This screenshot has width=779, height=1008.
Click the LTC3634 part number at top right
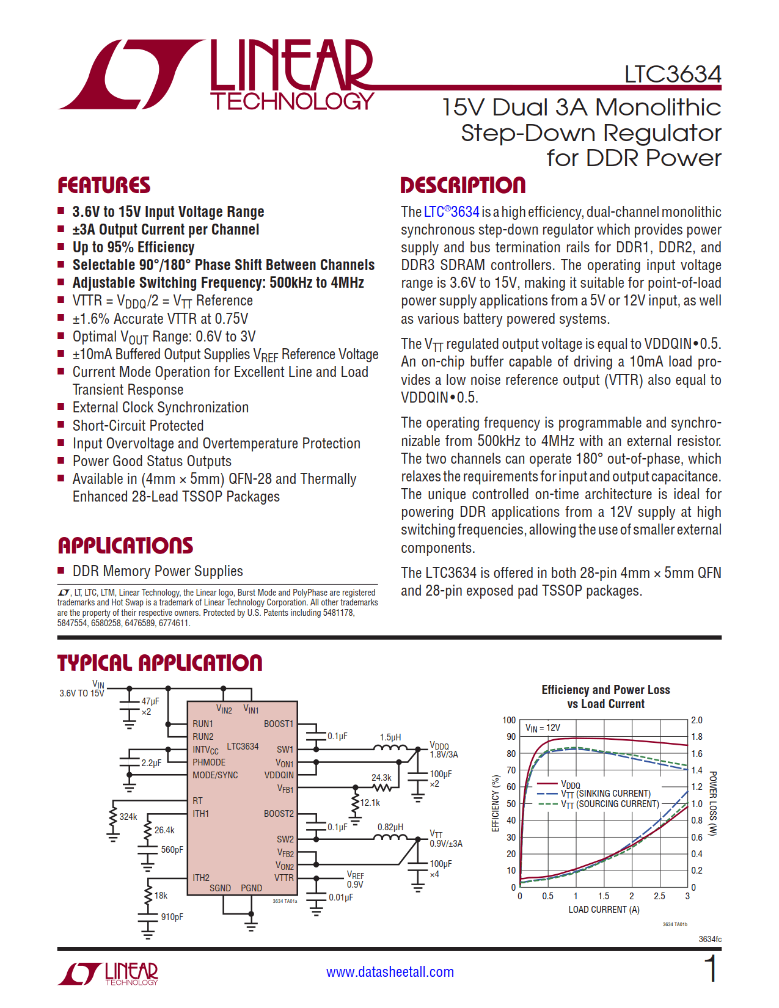pos(672,75)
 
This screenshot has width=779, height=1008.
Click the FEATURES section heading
pos(104,185)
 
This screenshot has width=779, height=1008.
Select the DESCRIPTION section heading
pos(463,185)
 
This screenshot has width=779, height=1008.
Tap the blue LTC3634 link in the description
pos(452,212)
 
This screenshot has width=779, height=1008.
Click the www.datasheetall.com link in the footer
pos(390,972)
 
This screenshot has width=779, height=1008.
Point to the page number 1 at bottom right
pos(711,970)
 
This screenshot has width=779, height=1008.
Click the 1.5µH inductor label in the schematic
pos(390,737)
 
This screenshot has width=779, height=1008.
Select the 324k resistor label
pos(128,817)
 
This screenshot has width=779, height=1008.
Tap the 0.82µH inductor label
pos(389,827)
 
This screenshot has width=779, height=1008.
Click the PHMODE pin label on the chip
pos(209,762)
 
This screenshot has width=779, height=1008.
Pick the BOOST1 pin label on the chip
pos(279,724)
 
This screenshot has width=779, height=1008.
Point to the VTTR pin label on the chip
pos(284,878)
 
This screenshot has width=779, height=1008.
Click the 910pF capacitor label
pos(172,917)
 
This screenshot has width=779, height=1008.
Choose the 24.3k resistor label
pos(381,778)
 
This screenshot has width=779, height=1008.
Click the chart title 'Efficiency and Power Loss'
pos(605,690)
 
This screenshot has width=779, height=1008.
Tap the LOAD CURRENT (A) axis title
pos(604,910)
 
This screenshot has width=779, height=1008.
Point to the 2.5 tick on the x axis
pos(659,896)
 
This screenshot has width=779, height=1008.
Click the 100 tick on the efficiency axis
pos(509,720)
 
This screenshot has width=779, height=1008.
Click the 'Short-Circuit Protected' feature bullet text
pos(138,426)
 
